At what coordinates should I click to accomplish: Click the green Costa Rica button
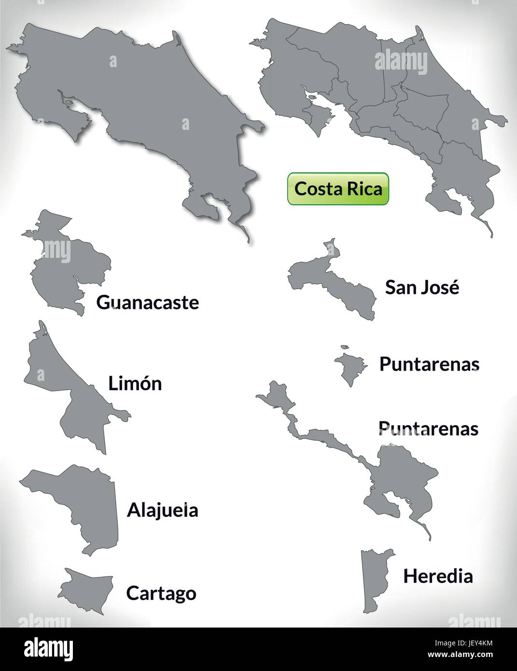(338, 189)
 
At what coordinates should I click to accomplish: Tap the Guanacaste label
(148, 303)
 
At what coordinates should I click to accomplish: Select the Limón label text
(135, 383)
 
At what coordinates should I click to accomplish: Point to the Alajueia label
(163, 510)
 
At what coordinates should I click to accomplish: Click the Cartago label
(161, 593)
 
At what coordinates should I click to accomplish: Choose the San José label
(422, 287)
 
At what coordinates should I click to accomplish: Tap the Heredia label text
(438, 575)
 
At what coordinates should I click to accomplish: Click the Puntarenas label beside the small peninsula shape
(429, 364)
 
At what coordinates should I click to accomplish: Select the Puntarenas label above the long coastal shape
(428, 428)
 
